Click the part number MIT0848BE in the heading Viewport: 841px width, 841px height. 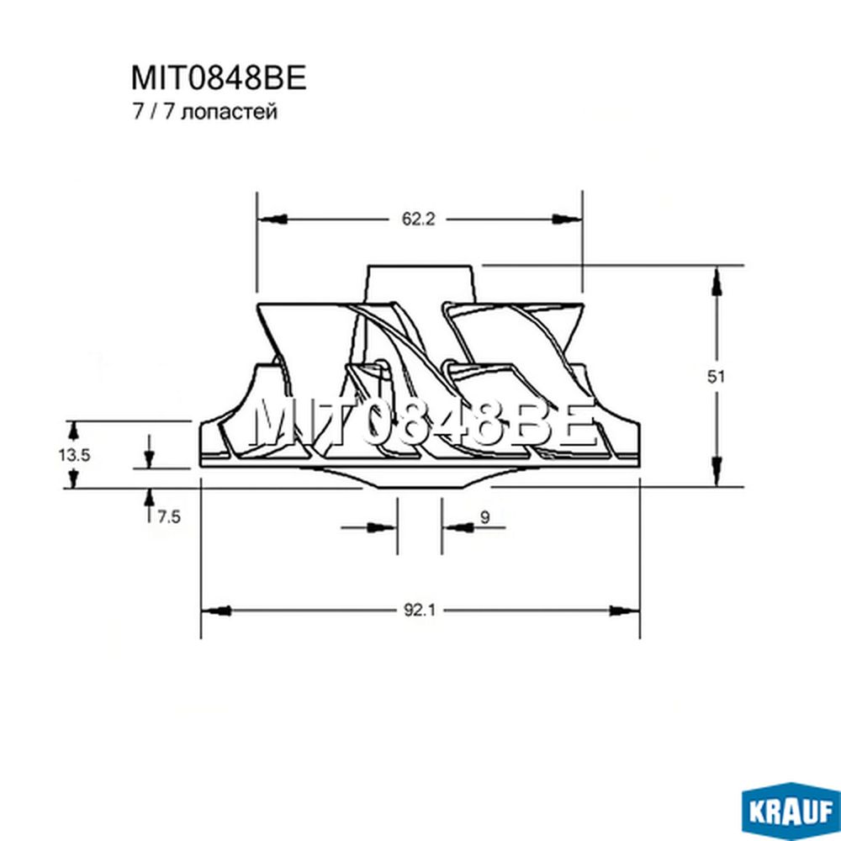click(x=219, y=77)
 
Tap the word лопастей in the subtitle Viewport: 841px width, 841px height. click(x=230, y=113)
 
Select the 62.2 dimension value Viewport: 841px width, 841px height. click(x=418, y=219)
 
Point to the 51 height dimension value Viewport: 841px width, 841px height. click(x=716, y=377)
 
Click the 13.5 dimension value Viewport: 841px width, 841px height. click(x=75, y=455)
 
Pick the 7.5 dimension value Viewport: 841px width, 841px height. click(x=169, y=517)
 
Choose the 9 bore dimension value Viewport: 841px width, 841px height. click(x=485, y=517)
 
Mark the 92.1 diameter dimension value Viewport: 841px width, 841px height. click(x=420, y=611)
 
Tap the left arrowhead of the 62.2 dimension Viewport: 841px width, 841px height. click(x=272, y=219)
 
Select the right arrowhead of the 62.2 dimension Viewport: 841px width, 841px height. click(x=567, y=219)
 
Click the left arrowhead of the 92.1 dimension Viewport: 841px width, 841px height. click(x=216, y=611)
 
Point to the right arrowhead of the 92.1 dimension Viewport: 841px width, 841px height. click(x=625, y=611)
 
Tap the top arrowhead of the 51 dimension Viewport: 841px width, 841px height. click(x=716, y=282)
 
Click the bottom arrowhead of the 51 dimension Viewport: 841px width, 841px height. click(x=716, y=470)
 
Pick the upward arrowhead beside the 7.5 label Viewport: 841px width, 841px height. click(x=149, y=499)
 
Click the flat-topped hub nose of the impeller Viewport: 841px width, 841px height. click(x=420, y=284)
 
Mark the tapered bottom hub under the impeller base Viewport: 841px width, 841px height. click(x=421, y=478)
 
